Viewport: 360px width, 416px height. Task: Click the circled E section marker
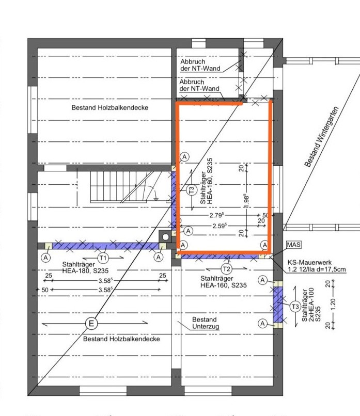[91, 324]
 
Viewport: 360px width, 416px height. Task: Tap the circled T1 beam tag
[103, 258]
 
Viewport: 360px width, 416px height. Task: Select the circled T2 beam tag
[226, 269]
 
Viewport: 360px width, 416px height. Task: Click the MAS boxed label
[293, 244]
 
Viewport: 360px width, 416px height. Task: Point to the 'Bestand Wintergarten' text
[321, 137]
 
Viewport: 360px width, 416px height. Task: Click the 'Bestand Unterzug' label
[205, 323]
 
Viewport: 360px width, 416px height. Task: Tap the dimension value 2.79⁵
[216, 215]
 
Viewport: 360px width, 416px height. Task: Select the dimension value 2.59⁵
[220, 226]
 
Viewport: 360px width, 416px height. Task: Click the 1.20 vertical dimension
[333, 304]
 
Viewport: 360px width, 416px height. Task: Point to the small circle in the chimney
[165, 237]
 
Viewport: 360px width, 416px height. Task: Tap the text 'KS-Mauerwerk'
[309, 262]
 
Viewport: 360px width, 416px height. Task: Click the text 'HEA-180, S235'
[85, 271]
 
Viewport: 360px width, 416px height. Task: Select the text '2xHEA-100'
[311, 305]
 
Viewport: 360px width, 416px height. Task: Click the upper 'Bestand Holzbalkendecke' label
[110, 107]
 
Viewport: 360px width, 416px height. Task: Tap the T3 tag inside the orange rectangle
[192, 190]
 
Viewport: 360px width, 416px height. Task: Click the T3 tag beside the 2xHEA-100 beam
[295, 307]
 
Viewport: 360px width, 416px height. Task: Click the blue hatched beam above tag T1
[105, 246]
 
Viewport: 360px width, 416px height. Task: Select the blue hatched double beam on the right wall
[278, 305]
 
